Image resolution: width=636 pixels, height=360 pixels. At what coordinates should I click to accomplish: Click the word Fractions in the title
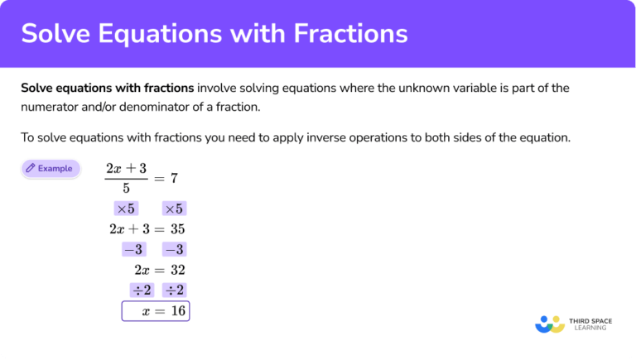click(347, 33)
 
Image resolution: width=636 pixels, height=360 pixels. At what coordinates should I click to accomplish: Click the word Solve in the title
click(55, 33)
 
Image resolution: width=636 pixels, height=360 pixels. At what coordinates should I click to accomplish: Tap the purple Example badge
click(51, 169)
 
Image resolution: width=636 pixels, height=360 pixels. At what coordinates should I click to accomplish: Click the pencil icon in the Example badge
click(31, 169)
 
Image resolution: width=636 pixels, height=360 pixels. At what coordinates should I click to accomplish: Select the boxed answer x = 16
click(156, 311)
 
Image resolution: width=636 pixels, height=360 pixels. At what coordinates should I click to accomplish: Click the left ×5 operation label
click(127, 209)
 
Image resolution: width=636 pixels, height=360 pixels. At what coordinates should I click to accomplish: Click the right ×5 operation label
click(173, 209)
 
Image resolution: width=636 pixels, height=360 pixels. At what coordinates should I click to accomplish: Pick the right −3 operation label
click(174, 249)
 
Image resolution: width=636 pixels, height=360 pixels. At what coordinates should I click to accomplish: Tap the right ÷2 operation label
click(174, 290)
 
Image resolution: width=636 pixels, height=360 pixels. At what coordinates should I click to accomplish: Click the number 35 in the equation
click(176, 229)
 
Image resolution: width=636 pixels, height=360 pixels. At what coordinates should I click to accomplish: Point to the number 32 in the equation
click(176, 270)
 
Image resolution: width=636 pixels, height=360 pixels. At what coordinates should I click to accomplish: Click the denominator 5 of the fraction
click(126, 188)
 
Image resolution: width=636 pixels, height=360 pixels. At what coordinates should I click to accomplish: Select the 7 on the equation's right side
click(175, 178)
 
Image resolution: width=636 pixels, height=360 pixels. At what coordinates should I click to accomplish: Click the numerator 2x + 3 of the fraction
click(126, 169)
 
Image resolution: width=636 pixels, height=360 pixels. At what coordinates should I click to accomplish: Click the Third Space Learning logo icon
click(550, 324)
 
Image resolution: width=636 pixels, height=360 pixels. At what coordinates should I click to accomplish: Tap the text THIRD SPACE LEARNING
click(590, 324)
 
